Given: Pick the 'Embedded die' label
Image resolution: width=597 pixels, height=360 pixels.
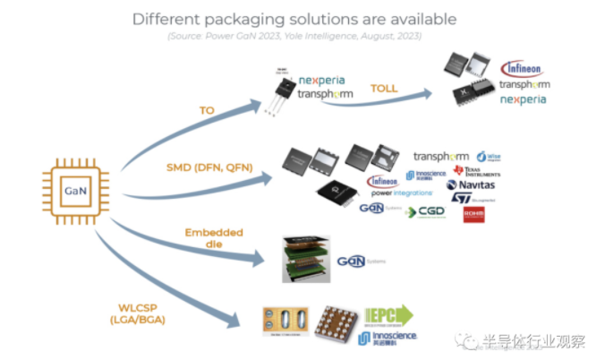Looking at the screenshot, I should [214, 240].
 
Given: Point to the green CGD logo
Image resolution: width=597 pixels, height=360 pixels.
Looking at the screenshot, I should [424, 212].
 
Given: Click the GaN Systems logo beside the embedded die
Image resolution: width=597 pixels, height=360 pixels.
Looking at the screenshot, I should [358, 261].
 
